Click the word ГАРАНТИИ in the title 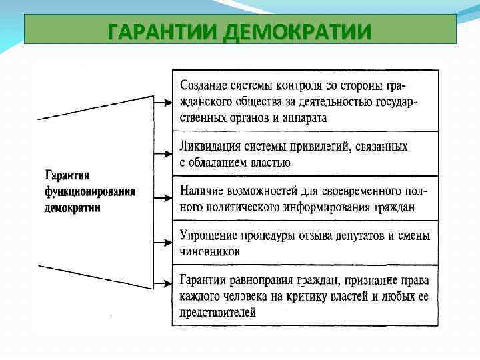(163, 31)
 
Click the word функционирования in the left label (90, 191)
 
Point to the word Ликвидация (212, 146)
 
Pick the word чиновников (210, 252)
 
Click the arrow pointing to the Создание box (163, 102)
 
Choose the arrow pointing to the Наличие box (163, 197)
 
